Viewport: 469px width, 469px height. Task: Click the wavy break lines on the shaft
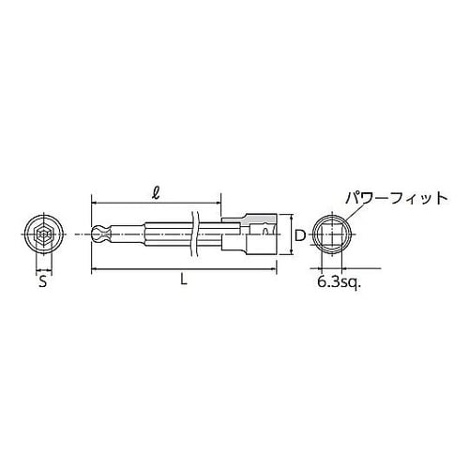[195, 234]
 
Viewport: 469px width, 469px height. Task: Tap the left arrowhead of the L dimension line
[95, 272]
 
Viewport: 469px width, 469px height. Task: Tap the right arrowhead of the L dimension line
[276, 272]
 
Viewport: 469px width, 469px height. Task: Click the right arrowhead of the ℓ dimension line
[219, 200]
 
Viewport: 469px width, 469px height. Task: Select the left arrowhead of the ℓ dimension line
[95, 200]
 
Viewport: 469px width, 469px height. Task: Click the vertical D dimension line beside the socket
[287, 234]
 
